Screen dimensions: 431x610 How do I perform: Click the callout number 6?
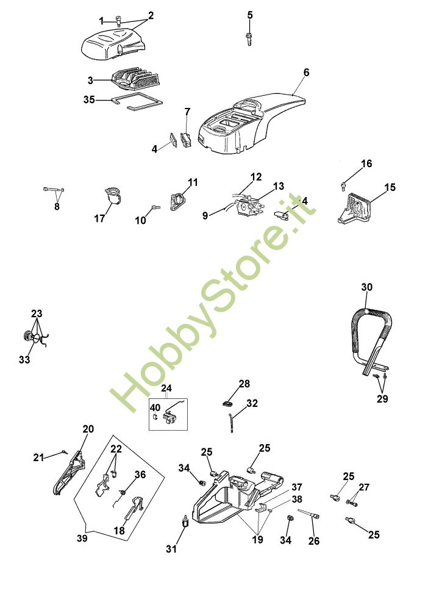pos(306,73)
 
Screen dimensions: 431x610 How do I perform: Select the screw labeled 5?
pos(249,37)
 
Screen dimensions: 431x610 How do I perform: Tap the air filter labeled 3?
pos(135,81)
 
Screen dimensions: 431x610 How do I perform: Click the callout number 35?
pos(90,99)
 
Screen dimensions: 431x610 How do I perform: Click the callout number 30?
pos(366,287)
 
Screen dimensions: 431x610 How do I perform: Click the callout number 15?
pos(390,187)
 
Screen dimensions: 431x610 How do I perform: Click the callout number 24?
pos(167,388)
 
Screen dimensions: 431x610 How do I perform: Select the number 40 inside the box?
pos(155,407)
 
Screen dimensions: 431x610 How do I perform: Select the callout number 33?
pos(24,360)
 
